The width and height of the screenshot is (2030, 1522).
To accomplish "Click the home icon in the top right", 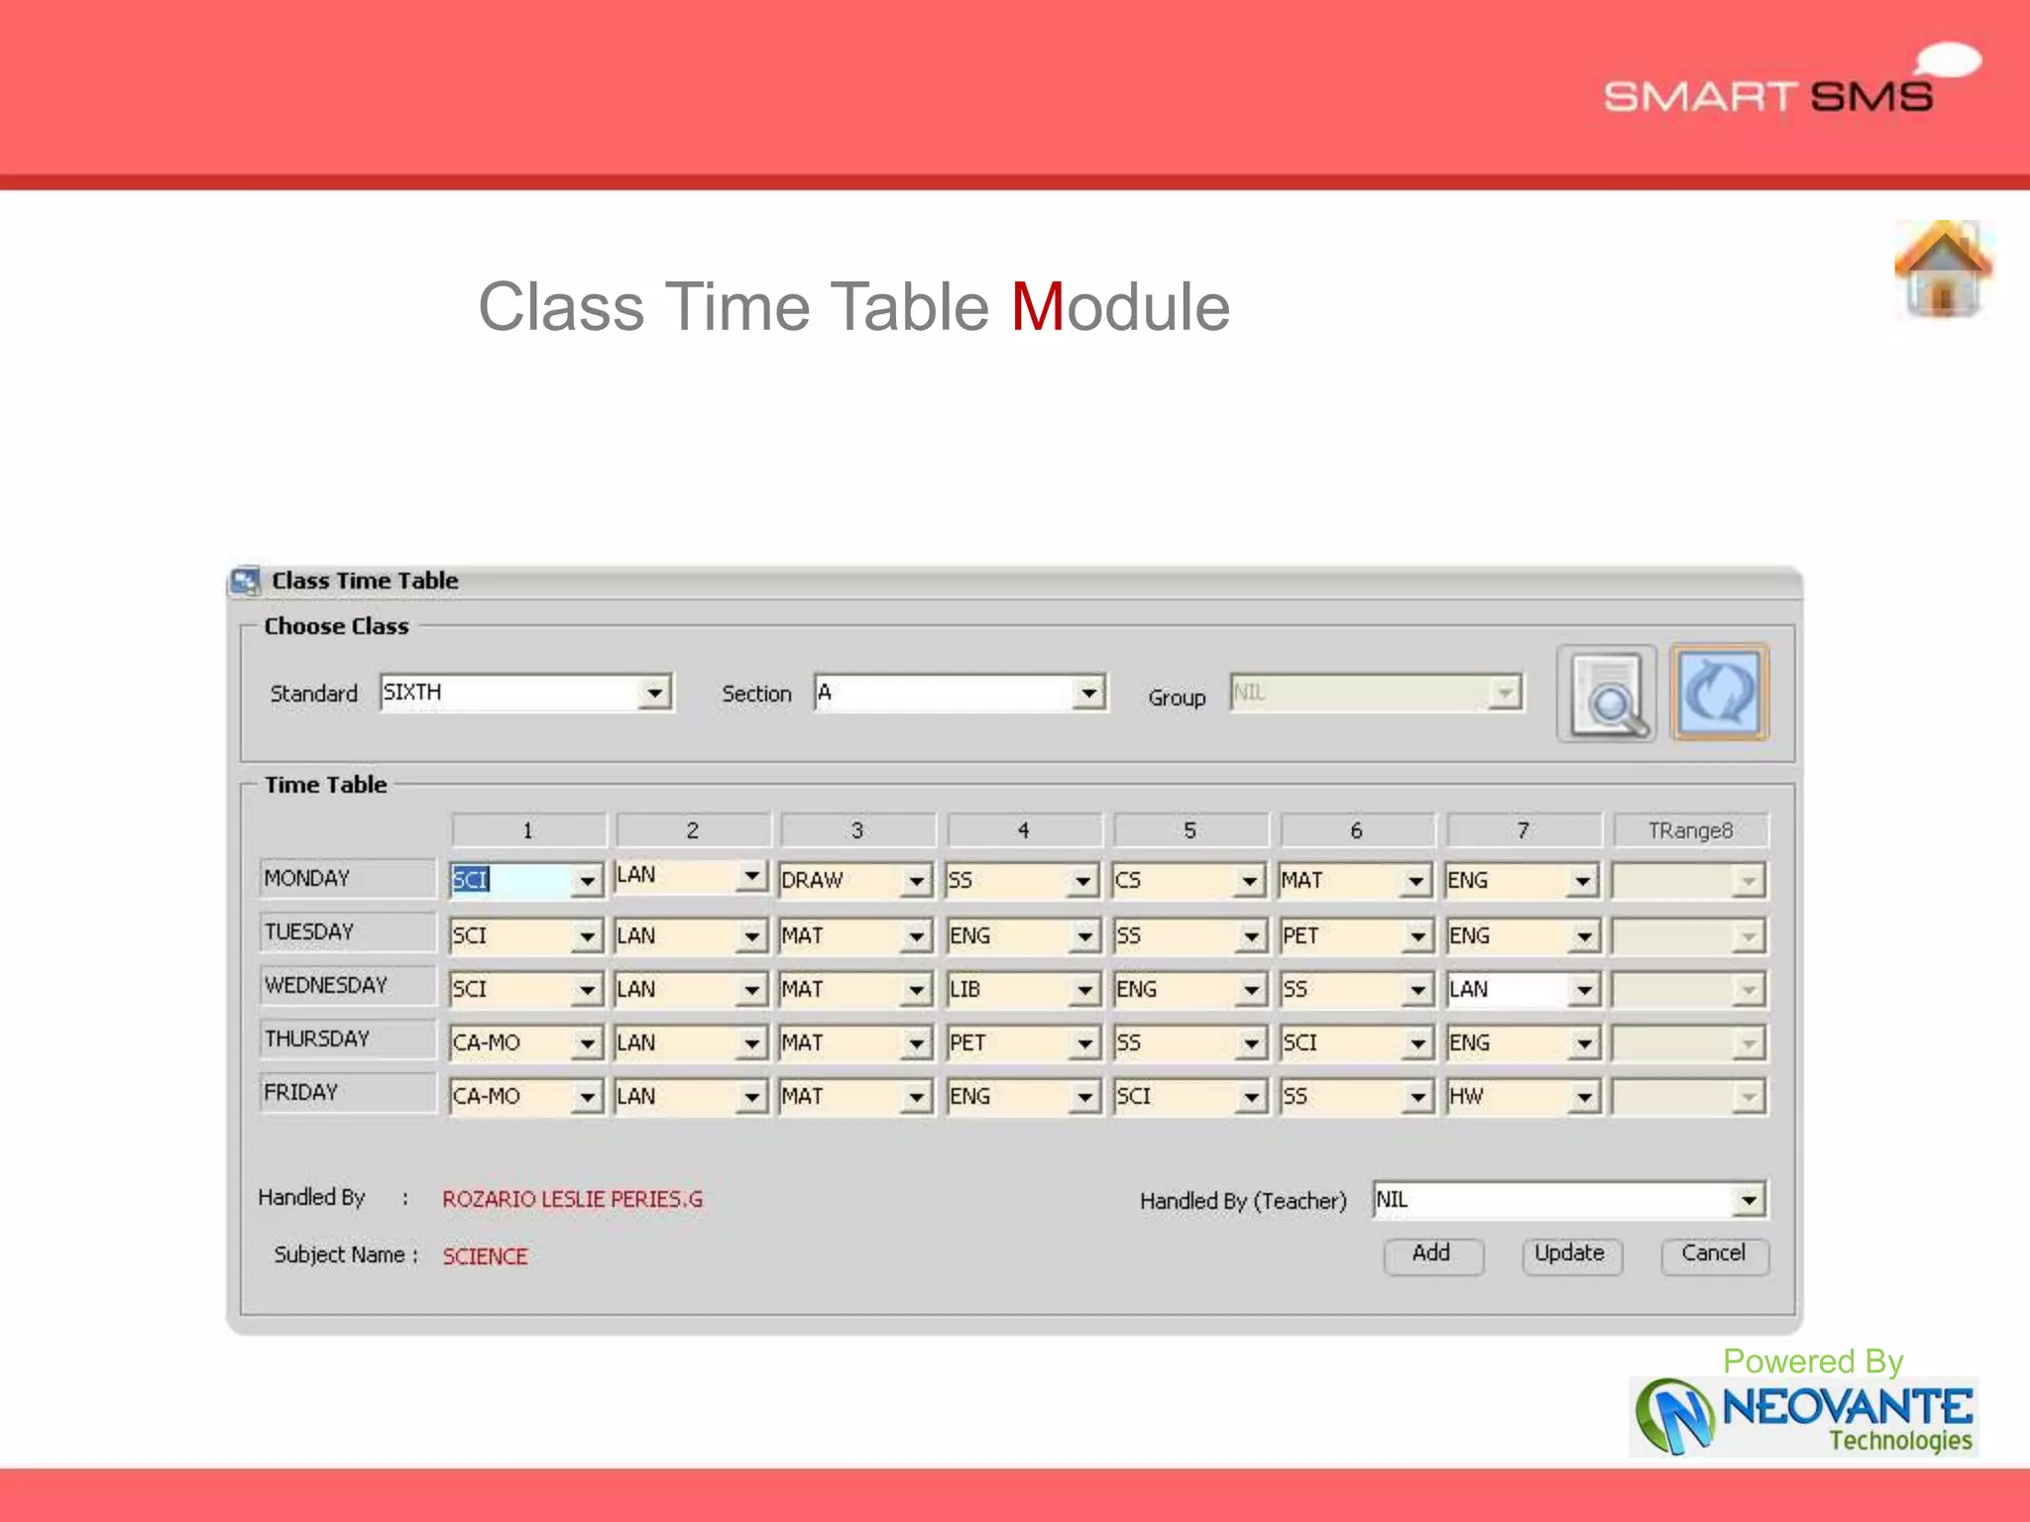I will pyautogui.click(x=1943, y=269).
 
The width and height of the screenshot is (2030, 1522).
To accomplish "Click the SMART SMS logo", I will pyautogui.click(x=1770, y=95).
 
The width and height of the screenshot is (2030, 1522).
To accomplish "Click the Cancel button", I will pyautogui.click(x=1714, y=1254).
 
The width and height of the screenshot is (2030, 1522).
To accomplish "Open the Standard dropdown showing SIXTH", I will pyautogui.click(x=654, y=693).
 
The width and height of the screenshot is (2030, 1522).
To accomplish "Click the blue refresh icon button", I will pyautogui.click(x=1720, y=693).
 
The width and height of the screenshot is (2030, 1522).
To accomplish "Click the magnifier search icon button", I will pyautogui.click(x=1607, y=694).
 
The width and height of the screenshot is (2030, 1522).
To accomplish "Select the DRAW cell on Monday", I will pyautogui.click(x=843, y=880).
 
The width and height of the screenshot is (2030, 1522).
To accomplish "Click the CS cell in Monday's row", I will pyautogui.click(x=1176, y=880).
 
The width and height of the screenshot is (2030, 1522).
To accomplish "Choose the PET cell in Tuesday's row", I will pyautogui.click(x=1342, y=935).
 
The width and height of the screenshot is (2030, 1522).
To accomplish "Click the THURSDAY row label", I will pyautogui.click(x=346, y=1039).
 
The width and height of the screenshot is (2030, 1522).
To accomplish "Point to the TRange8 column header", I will pyautogui.click(x=1690, y=830).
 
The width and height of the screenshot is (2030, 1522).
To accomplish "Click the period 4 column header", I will pyautogui.click(x=1024, y=830).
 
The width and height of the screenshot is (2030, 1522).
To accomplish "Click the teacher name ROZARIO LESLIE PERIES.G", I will pyautogui.click(x=572, y=1199).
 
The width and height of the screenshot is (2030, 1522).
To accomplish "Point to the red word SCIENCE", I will pyautogui.click(x=485, y=1256).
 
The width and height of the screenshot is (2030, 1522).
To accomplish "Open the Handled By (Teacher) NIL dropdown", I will pyautogui.click(x=1748, y=1200).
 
